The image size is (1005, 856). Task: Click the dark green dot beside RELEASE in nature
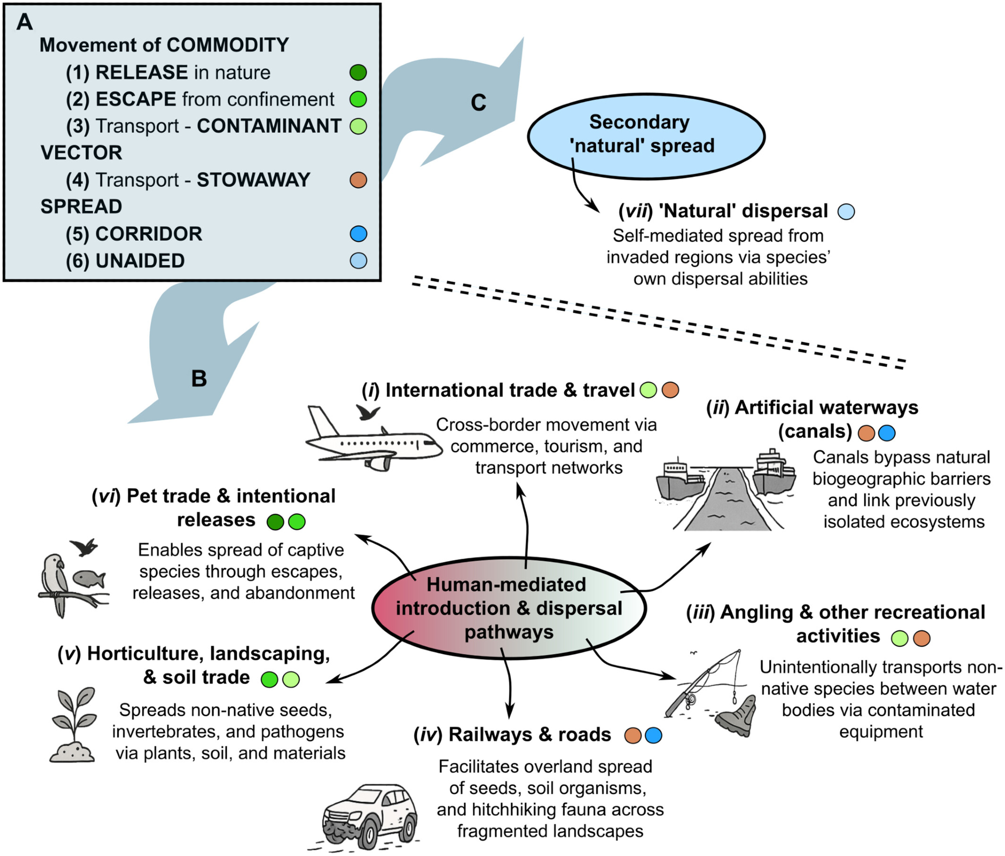[358, 72]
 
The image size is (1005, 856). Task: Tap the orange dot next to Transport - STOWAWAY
[358, 180]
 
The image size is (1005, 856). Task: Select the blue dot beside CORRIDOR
[358, 234]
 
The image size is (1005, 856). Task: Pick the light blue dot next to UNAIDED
[358, 261]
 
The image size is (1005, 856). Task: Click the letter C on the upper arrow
[478, 102]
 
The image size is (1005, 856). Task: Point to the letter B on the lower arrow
[199, 379]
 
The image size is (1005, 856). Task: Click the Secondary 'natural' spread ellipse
[646, 136]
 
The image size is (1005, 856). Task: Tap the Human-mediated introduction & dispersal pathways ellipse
[509, 608]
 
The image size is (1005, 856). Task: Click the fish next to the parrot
[89, 579]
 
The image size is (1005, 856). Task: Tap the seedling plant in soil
[73, 723]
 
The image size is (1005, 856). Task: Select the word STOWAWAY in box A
[253, 180]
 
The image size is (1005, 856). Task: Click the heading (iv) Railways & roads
[512, 734]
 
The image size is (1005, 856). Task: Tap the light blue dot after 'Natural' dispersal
[846, 211]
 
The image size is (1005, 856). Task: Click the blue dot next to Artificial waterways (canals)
[887, 433]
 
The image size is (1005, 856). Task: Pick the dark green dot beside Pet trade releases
[275, 522]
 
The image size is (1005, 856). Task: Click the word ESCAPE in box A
[136, 99]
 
